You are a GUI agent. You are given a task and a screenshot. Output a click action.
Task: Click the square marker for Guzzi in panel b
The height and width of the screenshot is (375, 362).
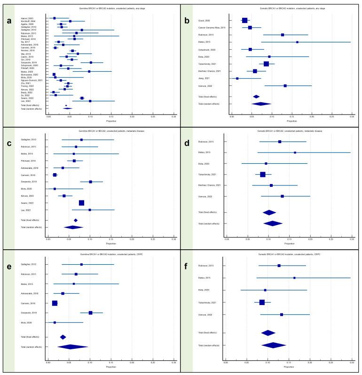[x=244, y=20]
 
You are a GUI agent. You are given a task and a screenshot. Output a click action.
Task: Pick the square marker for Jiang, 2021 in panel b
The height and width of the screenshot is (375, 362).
[x=237, y=78]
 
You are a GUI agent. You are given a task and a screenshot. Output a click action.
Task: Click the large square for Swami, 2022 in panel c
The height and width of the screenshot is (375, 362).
[x=81, y=203]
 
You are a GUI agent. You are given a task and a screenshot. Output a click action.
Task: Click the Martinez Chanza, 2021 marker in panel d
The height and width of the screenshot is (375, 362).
[x=271, y=185]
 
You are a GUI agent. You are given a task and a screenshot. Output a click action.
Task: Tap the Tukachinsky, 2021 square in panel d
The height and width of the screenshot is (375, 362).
[x=263, y=175]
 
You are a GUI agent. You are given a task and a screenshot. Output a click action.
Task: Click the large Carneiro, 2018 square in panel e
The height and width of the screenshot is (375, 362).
[x=55, y=303]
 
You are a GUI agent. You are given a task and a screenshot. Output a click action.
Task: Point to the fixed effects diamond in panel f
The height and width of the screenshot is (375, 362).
[x=268, y=333]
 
